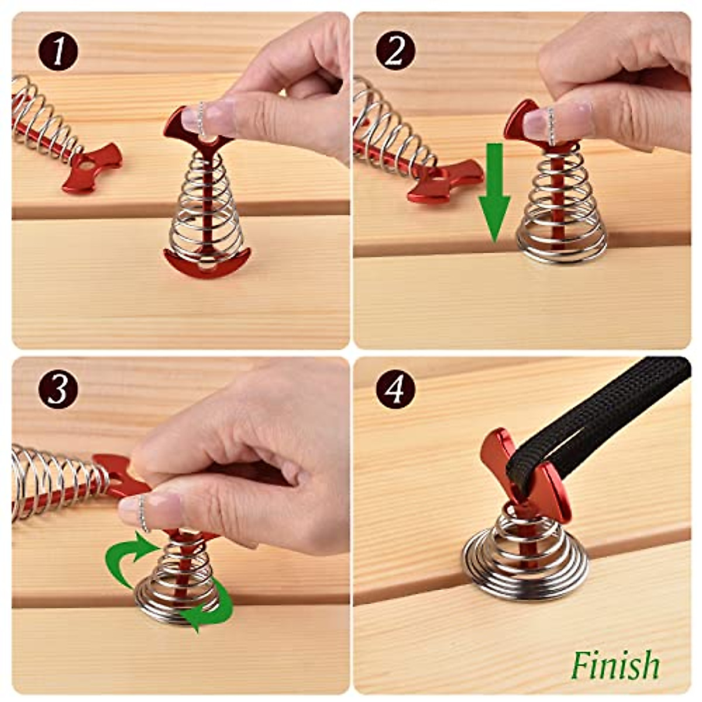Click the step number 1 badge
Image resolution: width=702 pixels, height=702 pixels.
58,51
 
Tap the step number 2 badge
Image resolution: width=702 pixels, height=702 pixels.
395,51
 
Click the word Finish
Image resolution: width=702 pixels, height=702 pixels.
615,665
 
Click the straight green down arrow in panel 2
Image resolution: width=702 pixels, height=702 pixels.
494,193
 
